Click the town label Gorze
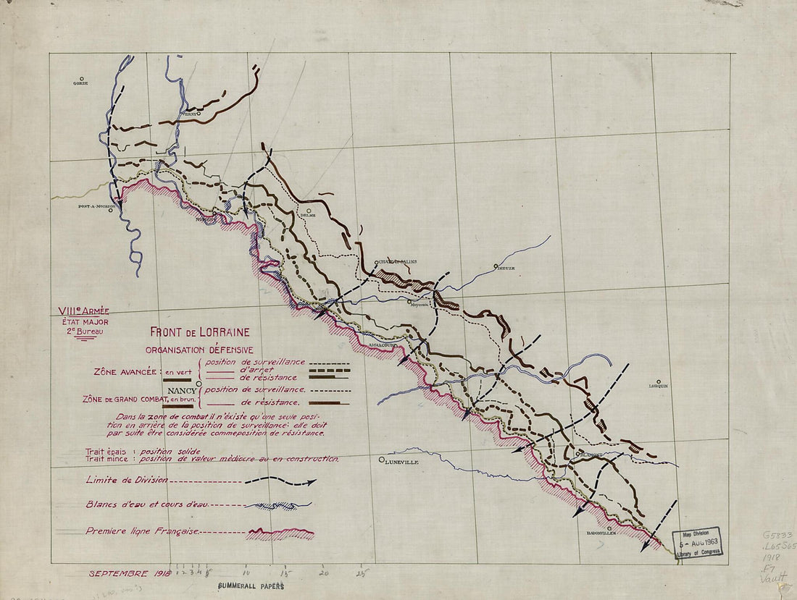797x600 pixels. pos(80,84)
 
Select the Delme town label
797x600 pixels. pos(308,216)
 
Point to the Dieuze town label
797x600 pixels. pos(505,268)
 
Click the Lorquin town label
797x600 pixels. pos(658,386)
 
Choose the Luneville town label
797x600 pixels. pos(403,460)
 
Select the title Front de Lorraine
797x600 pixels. pos(199,333)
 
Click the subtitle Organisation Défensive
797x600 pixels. pos(199,350)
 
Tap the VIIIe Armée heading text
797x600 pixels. pos(84,311)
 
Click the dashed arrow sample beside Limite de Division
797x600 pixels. pos(280,481)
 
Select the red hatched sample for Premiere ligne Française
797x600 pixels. pos(280,534)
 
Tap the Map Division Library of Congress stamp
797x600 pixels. pos(698,542)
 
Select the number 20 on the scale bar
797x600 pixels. pos(324,570)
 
